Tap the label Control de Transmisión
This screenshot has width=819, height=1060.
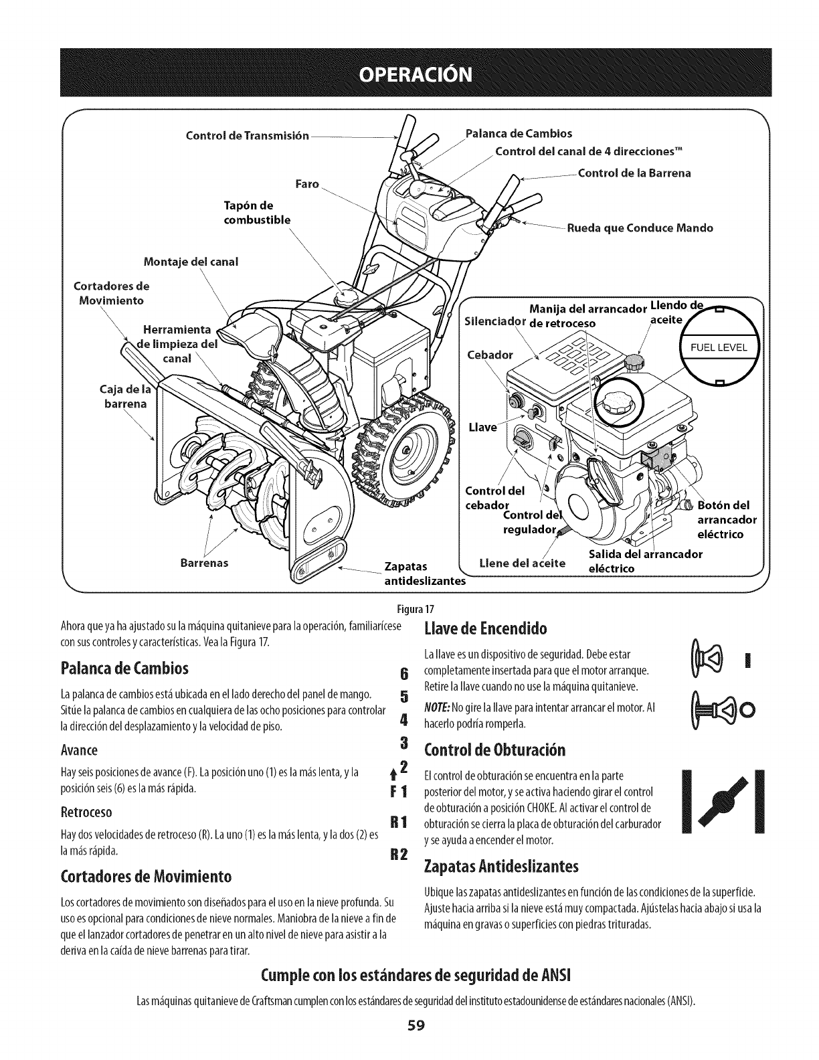[247, 136]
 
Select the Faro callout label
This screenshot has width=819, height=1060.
[306, 183]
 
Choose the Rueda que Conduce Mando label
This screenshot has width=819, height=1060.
[639, 228]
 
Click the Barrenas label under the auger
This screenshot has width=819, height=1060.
[204, 563]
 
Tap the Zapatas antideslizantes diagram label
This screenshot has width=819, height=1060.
[424, 574]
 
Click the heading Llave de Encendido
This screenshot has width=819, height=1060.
[486, 629]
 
